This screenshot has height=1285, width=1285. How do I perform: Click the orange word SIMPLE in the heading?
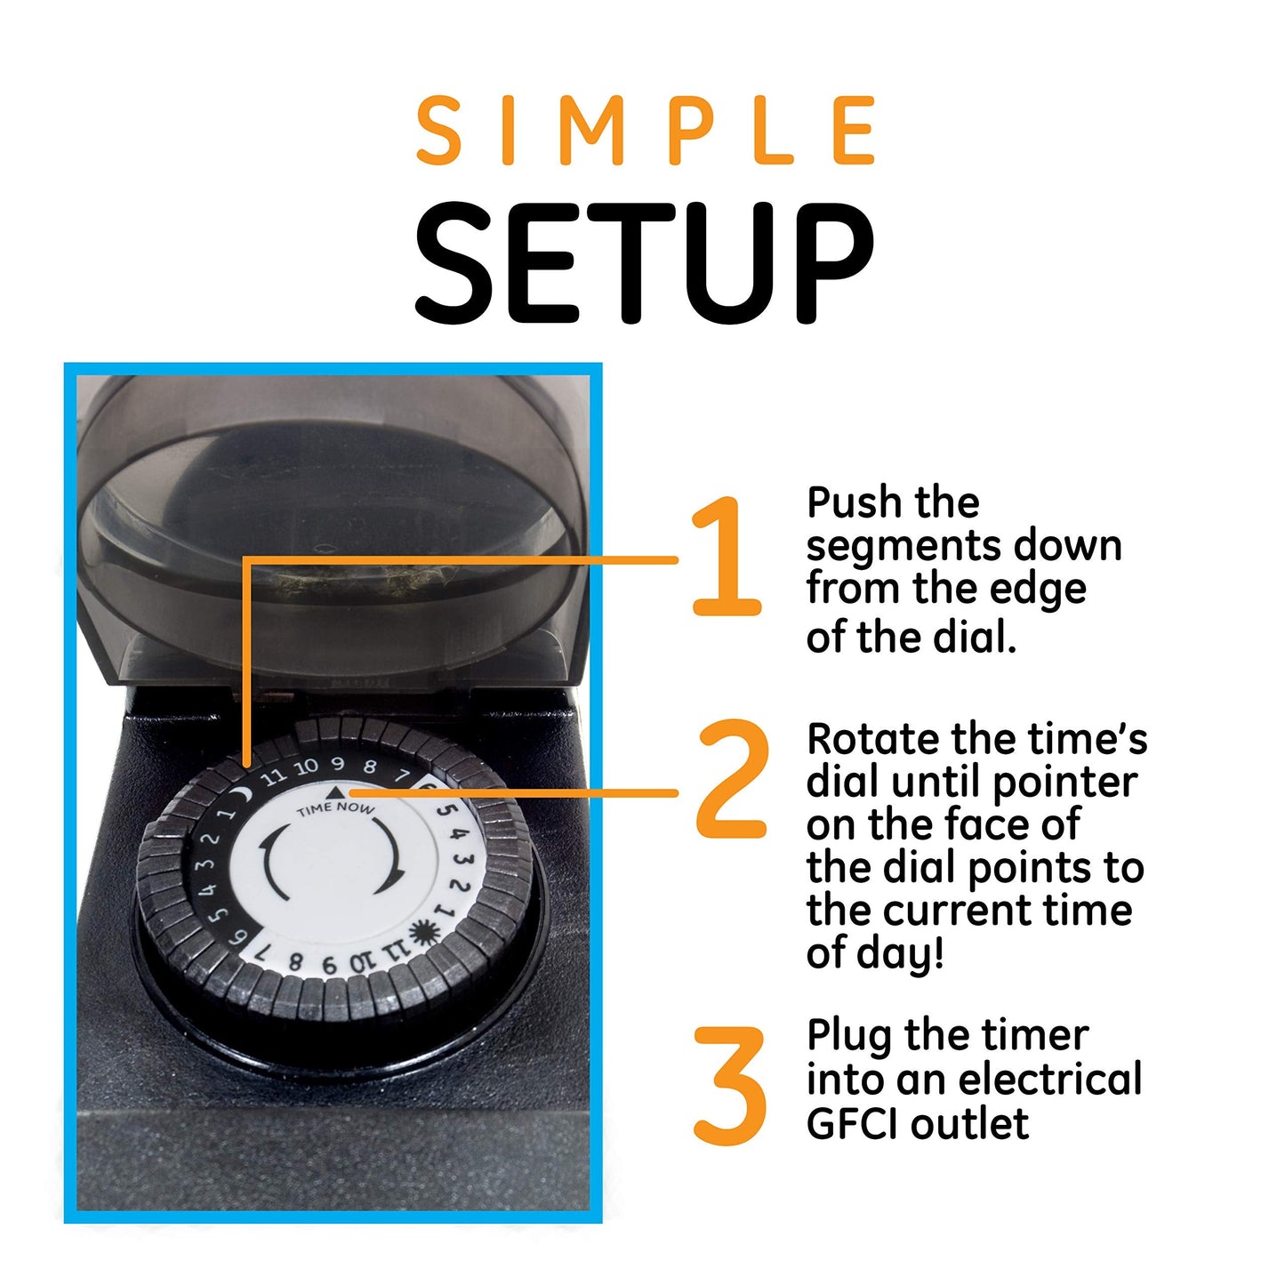[647, 132]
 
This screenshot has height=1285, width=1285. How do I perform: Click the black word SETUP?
[644, 263]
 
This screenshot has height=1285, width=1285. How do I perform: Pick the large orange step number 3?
[730, 1086]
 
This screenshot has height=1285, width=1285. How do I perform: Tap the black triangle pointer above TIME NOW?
[334, 791]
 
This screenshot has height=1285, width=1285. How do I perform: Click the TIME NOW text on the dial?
[335, 808]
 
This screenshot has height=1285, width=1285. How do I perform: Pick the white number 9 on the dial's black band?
[338, 764]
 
